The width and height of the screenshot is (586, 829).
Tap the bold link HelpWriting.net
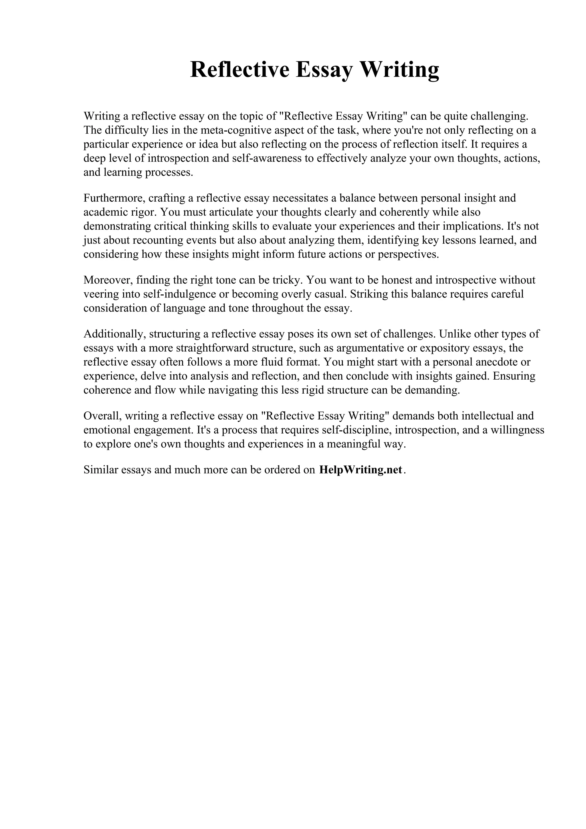pos(360,469)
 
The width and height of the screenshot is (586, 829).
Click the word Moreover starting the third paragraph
pos(107,280)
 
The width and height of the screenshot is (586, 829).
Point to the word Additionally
pos(114,334)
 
